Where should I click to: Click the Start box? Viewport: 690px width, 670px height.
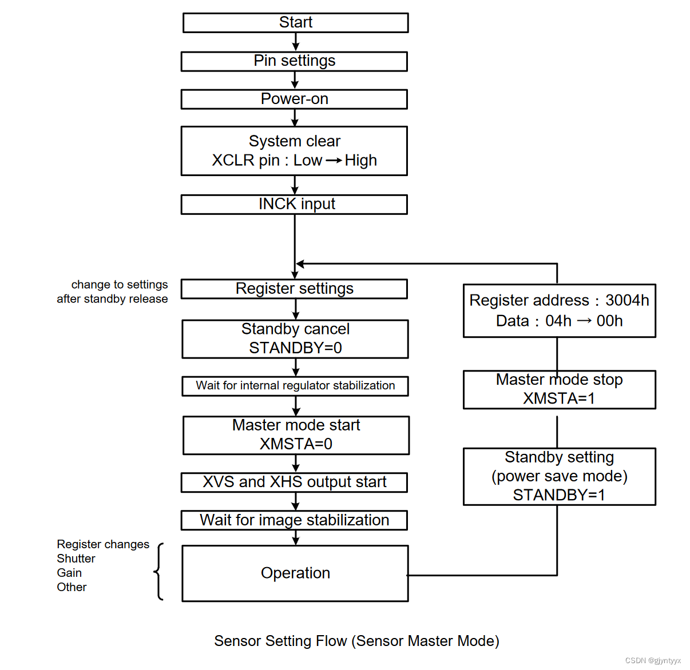click(x=295, y=23)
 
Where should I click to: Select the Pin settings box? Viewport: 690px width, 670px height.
click(x=294, y=61)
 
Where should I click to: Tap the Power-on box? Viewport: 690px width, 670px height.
click(x=294, y=99)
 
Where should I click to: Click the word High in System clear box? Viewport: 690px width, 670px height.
click(x=360, y=161)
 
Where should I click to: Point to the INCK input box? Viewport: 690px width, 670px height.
click(x=294, y=204)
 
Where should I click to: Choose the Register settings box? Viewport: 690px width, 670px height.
click(x=294, y=289)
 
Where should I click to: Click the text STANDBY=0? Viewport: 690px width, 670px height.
click(x=295, y=348)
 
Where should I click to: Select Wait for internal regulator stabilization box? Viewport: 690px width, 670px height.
click(x=295, y=386)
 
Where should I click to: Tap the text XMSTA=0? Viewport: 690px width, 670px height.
click(x=296, y=444)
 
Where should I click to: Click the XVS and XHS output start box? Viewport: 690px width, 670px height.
click(x=294, y=482)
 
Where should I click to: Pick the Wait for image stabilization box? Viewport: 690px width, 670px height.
click(x=294, y=520)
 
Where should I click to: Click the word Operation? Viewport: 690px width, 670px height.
click(x=295, y=573)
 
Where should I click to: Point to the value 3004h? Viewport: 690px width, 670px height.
click(x=627, y=300)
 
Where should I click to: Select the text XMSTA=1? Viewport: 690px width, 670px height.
click(x=559, y=398)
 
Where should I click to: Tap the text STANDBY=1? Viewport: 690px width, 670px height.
click(x=559, y=495)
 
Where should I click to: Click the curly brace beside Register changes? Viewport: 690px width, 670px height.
click(x=159, y=571)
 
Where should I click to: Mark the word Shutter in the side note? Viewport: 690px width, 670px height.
click(x=76, y=559)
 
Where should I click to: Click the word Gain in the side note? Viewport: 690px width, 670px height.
click(x=69, y=573)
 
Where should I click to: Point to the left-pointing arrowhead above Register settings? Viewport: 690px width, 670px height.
click(x=300, y=264)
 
